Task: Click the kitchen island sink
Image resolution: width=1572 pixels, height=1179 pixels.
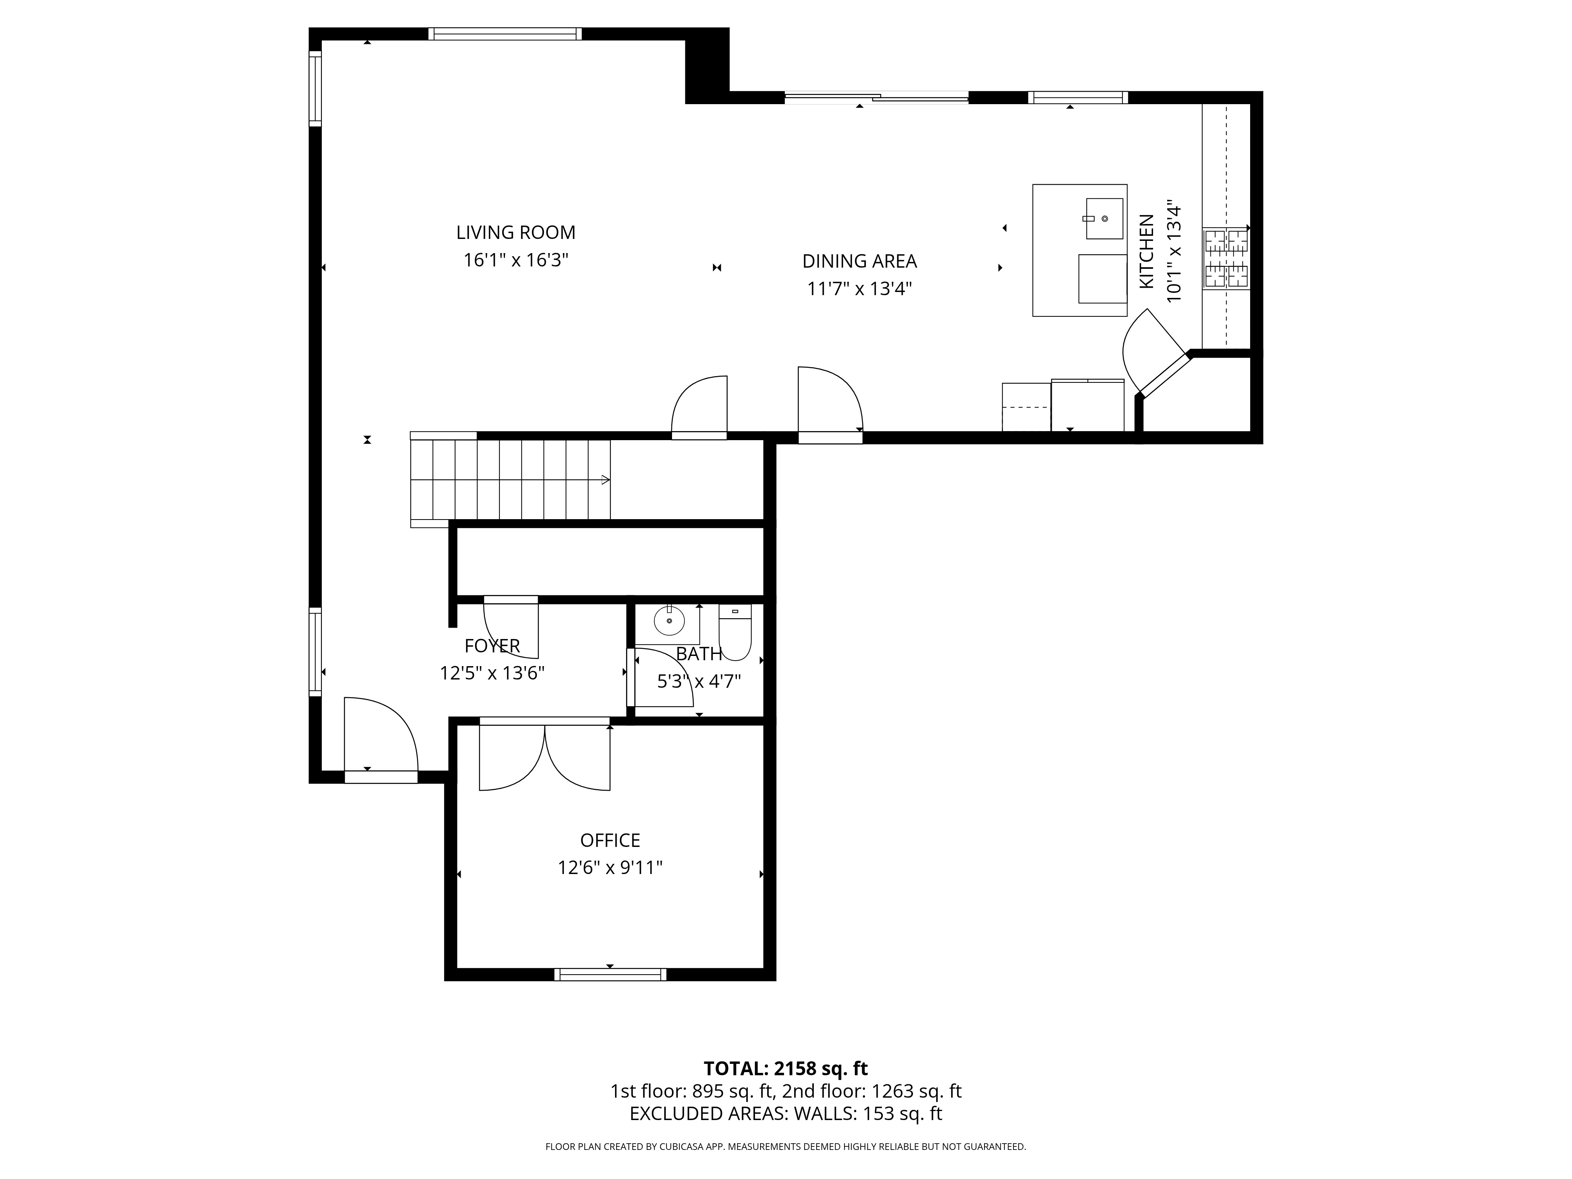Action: pyautogui.click(x=1104, y=219)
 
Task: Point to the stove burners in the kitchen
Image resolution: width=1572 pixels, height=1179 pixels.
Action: pyautogui.click(x=1225, y=259)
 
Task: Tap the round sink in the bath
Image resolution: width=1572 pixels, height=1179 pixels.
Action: pyautogui.click(x=669, y=621)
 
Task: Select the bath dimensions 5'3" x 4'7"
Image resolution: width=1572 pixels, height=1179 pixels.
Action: pyautogui.click(x=699, y=681)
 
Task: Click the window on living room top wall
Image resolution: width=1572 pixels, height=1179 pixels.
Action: pyautogui.click(x=505, y=33)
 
